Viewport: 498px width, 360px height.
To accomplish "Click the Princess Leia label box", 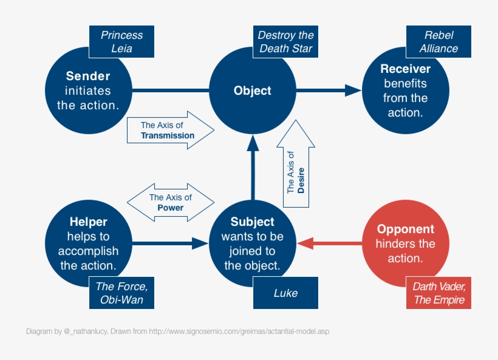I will (x=121, y=42).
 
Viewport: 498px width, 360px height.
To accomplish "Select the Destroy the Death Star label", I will (x=285, y=42).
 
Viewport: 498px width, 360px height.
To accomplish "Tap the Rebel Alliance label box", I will (x=438, y=42).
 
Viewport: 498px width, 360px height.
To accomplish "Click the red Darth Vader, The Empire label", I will (x=438, y=293).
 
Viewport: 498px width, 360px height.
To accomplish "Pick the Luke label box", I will (x=285, y=293).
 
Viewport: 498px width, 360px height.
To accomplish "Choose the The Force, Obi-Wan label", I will (x=121, y=293).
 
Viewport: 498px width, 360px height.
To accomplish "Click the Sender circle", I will (x=88, y=90).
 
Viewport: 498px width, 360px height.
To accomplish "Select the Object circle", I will (x=253, y=90).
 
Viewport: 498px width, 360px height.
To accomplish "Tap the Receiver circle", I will (x=405, y=90).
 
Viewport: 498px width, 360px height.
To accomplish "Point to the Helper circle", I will (x=88, y=243).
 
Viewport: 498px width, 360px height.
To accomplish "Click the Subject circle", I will (x=253, y=243).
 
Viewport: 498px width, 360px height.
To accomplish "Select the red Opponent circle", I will (x=405, y=243).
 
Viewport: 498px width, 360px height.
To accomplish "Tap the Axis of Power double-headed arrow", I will (x=170, y=203).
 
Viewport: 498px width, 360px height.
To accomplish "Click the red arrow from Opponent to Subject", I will (x=331, y=243).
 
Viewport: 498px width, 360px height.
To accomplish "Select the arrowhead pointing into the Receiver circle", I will (x=353, y=90).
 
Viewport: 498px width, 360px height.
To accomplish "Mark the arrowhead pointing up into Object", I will (x=253, y=143).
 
